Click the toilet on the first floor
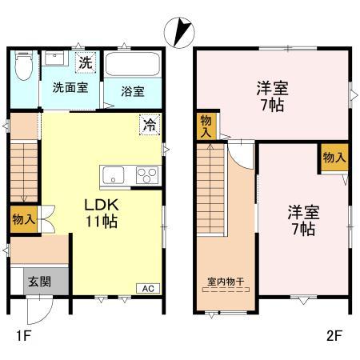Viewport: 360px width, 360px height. pyautogui.click(x=24, y=66)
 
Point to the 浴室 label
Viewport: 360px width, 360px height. pyautogui.click(x=134, y=90)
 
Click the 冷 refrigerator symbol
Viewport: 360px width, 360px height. pyautogui.click(x=149, y=124)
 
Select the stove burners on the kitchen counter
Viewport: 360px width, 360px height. pyautogui.click(x=146, y=174)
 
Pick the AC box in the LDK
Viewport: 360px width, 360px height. pyautogui.click(x=148, y=288)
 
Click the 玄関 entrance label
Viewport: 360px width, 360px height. pyautogui.click(x=39, y=281)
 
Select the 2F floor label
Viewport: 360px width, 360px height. pyautogui.click(x=334, y=336)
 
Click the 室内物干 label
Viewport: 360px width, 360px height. pyautogui.click(x=226, y=281)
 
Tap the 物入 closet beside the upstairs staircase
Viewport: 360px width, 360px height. pyautogui.click(x=205, y=126)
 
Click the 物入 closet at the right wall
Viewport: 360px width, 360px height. pyautogui.click(x=334, y=158)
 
